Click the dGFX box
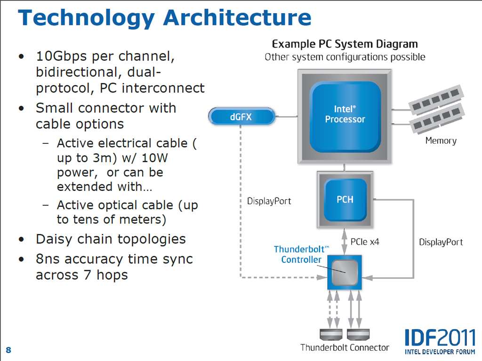[x=241, y=117]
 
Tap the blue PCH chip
[x=345, y=199]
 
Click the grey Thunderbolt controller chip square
[x=345, y=272]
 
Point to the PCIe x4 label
[x=365, y=243]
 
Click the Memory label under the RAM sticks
[x=441, y=141]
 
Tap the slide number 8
[x=8, y=350]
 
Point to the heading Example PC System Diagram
[x=345, y=44]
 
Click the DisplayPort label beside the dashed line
[x=269, y=201]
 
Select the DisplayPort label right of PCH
[x=441, y=243]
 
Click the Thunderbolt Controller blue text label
[x=301, y=254]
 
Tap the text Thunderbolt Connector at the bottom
[x=345, y=348]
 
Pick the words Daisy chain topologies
[x=111, y=239]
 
